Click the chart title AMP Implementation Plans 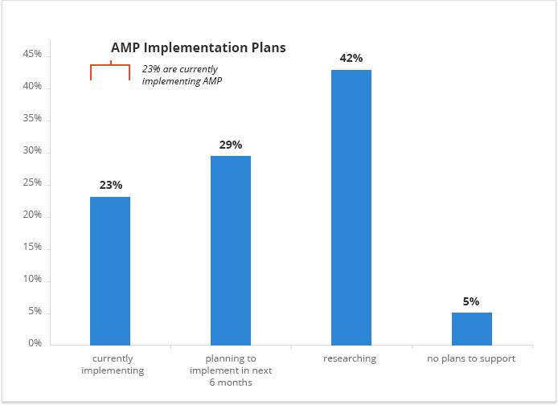click(x=198, y=48)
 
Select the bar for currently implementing click(x=110, y=271)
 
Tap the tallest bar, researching click(x=351, y=207)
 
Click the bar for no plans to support click(x=471, y=329)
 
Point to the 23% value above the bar click(x=111, y=185)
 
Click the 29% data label click(x=231, y=145)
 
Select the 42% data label click(x=351, y=58)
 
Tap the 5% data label click(x=471, y=301)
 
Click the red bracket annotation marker click(x=110, y=71)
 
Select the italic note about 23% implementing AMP click(x=183, y=75)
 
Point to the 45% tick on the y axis click(x=32, y=55)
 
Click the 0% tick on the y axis click(x=35, y=343)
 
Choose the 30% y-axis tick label click(x=32, y=151)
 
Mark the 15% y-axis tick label click(x=32, y=247)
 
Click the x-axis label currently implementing click(x=113, y=364)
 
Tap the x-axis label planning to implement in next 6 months click(x=231, y=370)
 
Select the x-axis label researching click(x=350, y=358)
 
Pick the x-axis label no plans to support click(x=471, y=358)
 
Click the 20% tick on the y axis click(x=32, y=215)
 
